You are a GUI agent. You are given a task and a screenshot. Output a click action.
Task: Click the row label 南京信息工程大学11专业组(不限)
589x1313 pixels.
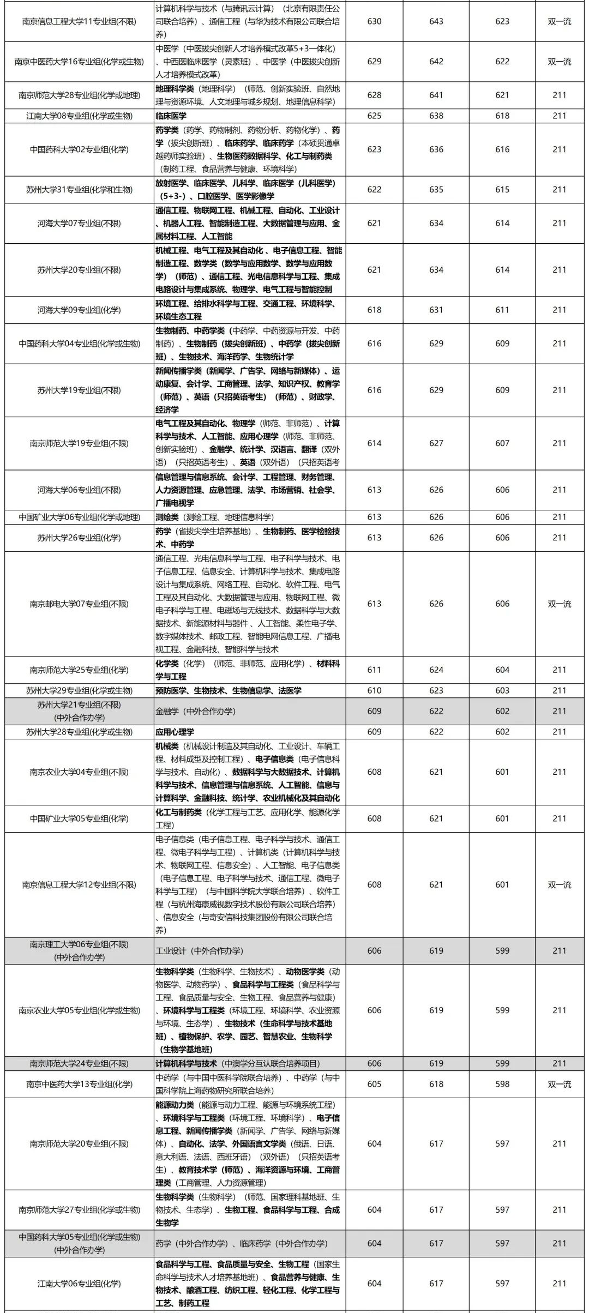click(79, 22)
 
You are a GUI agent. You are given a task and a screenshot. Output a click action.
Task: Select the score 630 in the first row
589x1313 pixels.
click(374, 22)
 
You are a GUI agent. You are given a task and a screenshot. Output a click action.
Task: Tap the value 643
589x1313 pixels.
click(436, 22)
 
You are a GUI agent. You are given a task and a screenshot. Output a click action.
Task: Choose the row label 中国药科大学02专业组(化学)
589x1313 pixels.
click(79, 149)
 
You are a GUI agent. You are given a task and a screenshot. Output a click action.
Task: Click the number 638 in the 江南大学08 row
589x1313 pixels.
click(436, 116)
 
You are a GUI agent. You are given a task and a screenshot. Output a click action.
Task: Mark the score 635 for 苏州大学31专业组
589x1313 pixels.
click(436, 190)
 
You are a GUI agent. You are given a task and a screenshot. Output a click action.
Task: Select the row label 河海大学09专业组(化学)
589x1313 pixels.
click(79, 310)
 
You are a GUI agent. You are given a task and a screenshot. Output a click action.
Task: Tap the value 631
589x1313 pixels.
click(436, 310)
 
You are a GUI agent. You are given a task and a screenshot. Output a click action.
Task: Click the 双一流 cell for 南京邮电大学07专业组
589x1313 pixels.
click(559, 604)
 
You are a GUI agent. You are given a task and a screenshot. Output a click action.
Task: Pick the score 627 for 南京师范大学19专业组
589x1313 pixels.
click(436, 443)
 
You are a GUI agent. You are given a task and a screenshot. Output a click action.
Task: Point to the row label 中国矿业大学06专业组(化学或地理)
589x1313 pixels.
click(79, 517)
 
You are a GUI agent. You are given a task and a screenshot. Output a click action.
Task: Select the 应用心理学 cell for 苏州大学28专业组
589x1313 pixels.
click(175, 732)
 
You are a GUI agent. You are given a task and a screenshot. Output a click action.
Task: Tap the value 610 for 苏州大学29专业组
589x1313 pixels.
click(374, 690)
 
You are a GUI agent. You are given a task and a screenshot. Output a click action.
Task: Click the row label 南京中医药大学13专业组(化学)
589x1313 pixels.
click(79, 1084)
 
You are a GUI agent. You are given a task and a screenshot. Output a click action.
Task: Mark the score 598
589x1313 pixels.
click(502, 1084)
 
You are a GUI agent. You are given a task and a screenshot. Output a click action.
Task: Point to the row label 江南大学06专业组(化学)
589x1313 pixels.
click(79, 1284)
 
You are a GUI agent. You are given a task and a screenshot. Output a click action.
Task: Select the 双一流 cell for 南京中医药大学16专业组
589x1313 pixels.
click(559, 62)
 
